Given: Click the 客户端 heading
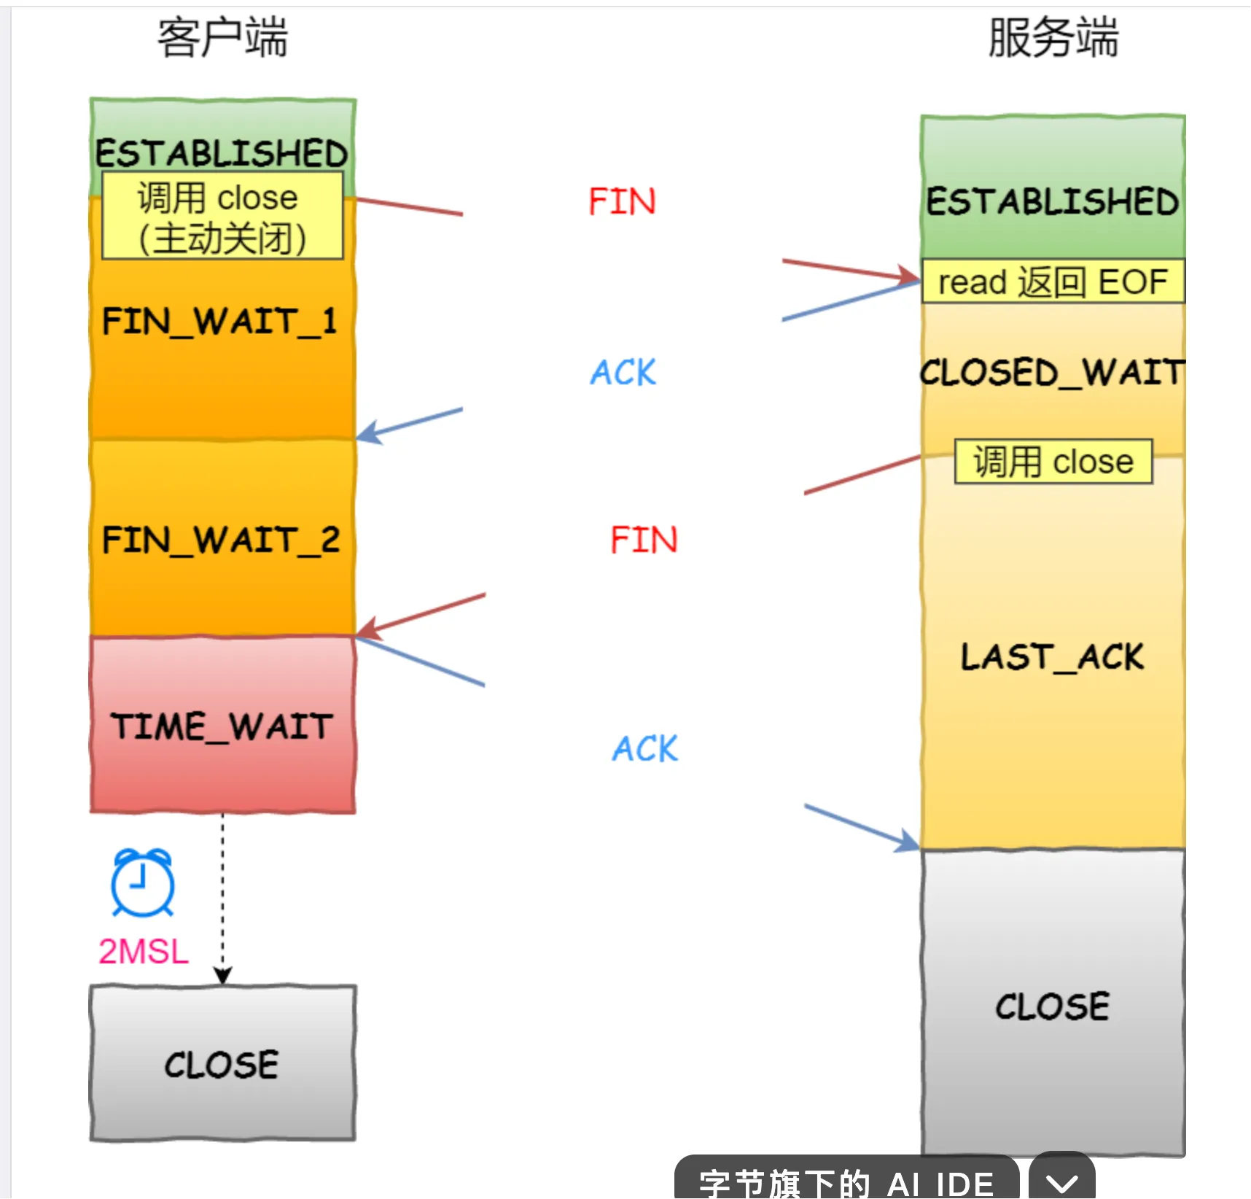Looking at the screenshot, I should pos(222,38).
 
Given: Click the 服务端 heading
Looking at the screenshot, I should pos(1052,38).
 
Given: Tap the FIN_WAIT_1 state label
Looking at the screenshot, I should pos(220,322).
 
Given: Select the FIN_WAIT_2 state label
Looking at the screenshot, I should pos(221,540).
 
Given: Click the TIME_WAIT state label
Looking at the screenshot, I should pos(222,726).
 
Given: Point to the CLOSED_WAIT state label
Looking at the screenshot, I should pos(1052,373).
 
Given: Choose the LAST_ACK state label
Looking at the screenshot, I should pos(1052,656).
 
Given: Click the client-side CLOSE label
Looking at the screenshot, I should pos(222,1065).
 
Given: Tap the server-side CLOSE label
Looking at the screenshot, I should pos(1052,1007).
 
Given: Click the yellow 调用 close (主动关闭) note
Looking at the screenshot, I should pos(222,217).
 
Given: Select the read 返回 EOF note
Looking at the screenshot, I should pos(1052,282).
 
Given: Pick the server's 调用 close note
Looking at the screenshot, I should pos(1053,462).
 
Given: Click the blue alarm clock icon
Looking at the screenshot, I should pos(143,882).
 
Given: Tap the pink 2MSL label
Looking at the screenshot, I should pos(144,952).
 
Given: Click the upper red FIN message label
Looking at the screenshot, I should pos(622,202).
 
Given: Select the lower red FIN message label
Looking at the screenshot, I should pos(644,540).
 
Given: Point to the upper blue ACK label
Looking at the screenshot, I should pos(623,373).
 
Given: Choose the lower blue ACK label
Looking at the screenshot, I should pos(644,749).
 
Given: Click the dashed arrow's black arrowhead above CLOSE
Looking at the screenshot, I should pos(223,976).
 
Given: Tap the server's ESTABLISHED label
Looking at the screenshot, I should pos(1052,202).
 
